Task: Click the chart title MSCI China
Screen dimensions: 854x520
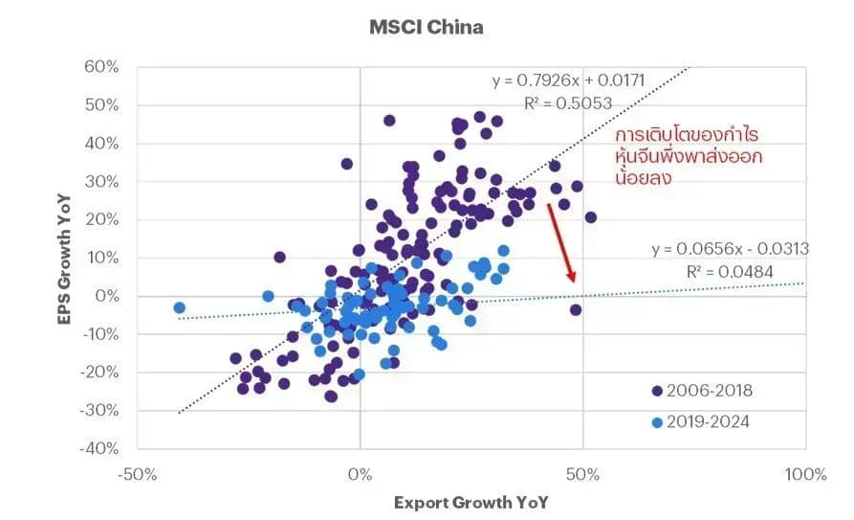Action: pyautogui.click(x=427, y=27)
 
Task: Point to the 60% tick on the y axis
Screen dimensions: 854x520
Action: pyautogui.click(x=101, y=67)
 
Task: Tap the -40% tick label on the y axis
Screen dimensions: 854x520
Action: pyautogui.click(x=99, y=448)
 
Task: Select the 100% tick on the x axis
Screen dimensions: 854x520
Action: pyautogui.click(x=805, y=474)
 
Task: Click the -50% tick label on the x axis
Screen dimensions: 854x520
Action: pyautogui.click(x=138, y=474)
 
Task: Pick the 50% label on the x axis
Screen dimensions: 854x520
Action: pyautogui.click(x=582, y=474)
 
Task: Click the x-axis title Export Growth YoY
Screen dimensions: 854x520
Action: pyautogui.click(x=471, y=503)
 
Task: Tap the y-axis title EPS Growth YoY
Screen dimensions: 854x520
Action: pyautogui.click(x=64, y=260)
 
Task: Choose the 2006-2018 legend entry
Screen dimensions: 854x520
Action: pyautogui.click(x=702, y=391)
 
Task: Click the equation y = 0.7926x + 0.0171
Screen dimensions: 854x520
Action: pyautogui.click(x=569, y=80)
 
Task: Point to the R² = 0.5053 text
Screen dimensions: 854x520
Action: pyautogui.click(x=568, y=103)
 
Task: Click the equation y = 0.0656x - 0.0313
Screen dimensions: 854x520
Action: pyautogui.click(x=731, y=249)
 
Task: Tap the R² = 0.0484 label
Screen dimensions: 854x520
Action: pyautogui.click(x=730, y=272)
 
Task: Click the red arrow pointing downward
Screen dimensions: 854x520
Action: pyautogui.click(x=561, y=243)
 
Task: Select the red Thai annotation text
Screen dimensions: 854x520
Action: pyautogui.click(x=689, y=157)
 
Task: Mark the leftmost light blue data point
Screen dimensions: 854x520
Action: pyautogui.click(x=179, y=307)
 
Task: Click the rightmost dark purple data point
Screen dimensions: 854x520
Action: pyautogui.click(x=590, y=217)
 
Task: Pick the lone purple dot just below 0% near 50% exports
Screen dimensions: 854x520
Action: pyautogui.click(x=576, y=310)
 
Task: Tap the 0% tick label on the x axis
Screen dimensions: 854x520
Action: pyautogui.click(x=360, y=474)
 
